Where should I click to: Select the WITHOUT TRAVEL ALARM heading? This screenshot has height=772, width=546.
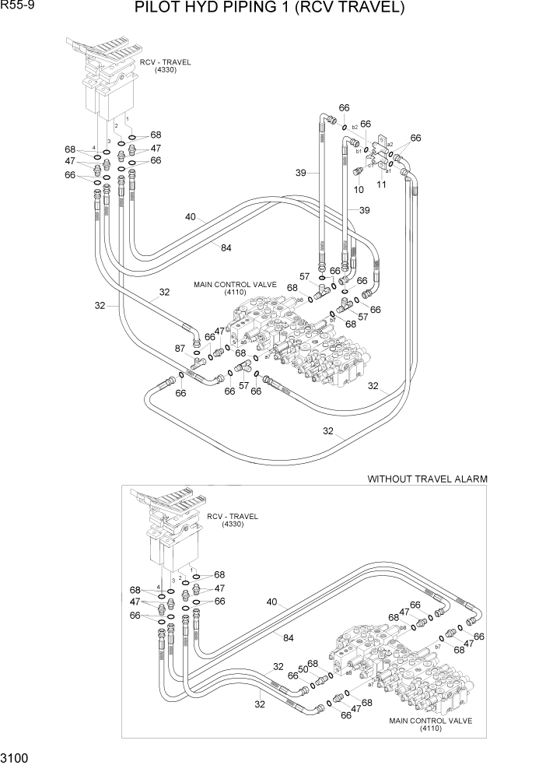(x=427, y=479)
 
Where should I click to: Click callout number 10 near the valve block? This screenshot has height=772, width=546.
(x=359, y=188)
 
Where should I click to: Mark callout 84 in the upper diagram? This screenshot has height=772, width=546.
(x=226, y=247)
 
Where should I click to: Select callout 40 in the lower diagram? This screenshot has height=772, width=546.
(x=271, y=601)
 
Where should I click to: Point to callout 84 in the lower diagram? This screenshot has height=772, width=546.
(x=289, y=638)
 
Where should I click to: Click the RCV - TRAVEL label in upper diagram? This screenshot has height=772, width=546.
(x=165, y=62)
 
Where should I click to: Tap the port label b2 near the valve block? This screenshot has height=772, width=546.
(x=355, y=127)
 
